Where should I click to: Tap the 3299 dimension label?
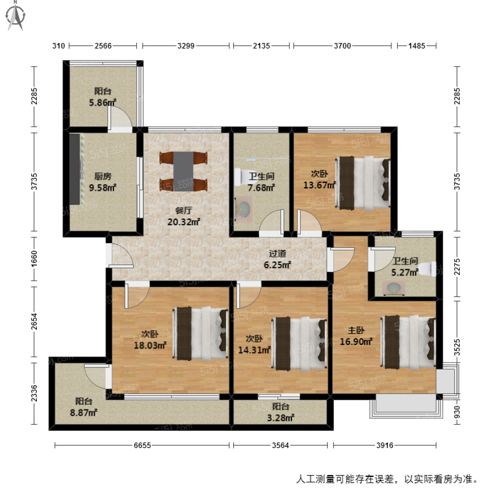(x=186, y=46)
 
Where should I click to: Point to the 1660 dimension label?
(x=34, y=259)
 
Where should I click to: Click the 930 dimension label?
(x=457, y=412)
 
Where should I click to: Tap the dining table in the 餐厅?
(x=183, y=171)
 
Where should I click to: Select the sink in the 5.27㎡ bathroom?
(x=394, y=288)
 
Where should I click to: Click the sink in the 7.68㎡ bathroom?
(x=244, y=208)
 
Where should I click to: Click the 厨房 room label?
(x=103, y=176)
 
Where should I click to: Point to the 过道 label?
(x=277, y=254)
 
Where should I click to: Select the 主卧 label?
(x=356, y=331)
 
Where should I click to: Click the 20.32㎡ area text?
(x=183, y=222)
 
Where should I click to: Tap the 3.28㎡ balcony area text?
(x=281, y=417)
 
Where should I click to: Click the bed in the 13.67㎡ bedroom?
(x=363, y=183)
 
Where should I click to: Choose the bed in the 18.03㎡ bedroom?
(x=200, y=333)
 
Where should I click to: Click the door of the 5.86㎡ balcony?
(x=120, y=117)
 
